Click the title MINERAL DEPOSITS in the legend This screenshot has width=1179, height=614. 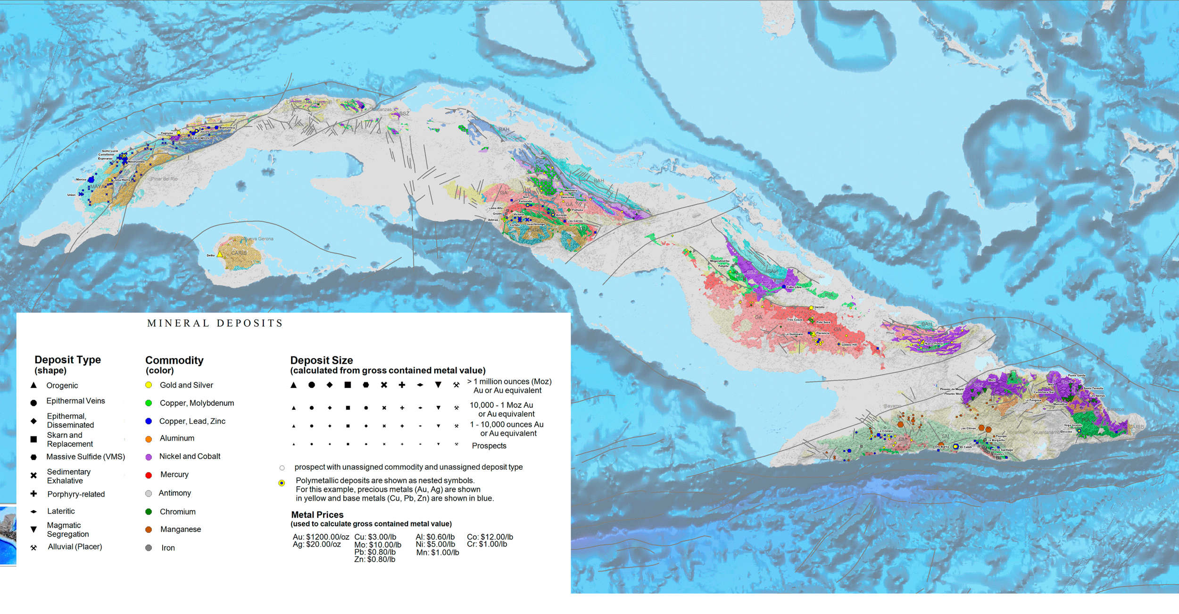[x=215, y=323]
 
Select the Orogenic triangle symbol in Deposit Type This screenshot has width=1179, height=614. [x=33, y=385]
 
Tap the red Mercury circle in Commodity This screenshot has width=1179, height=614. [x=149, y=475]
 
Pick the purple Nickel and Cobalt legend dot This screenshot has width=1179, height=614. [x=149, y=457]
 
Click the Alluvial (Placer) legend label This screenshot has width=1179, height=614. [x=75, y=547]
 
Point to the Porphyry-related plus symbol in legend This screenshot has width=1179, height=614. [x=33, y=494]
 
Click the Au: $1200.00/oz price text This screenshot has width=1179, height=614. [x=321, y=537]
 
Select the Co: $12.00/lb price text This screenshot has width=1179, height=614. [x=490, y=537]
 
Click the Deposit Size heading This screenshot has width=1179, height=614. [x=321, y=360]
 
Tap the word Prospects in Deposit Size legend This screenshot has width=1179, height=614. [x=489, y=446]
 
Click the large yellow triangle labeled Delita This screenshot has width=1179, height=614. [x=220, y=254]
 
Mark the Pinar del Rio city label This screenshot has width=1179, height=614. [x=165, y=179]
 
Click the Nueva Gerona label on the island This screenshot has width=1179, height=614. [x=258, y=239]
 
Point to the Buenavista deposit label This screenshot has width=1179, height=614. [x=227, y=127]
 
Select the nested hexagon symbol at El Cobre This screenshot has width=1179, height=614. [x=955, y=446]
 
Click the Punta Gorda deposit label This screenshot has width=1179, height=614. [x=1077, y=376]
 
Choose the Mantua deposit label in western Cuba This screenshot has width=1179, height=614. [x=81, y=180]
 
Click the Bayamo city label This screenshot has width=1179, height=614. [x=892, y=406]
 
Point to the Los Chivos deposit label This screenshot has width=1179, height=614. [x=968, y=429]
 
